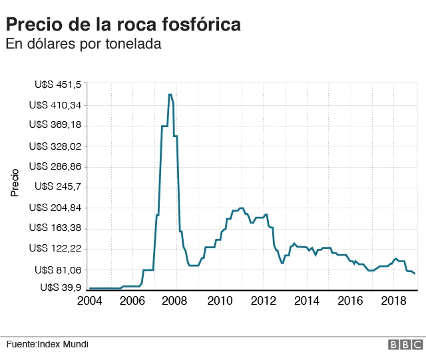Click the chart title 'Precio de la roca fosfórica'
pyautogui.click(x=123, y=25)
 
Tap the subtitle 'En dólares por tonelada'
pyautogui.click(x=84, y=44)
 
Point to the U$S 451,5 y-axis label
pyautogui.click(x=58, y=85)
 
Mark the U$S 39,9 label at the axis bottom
pyautogui.click(x=61, y=287)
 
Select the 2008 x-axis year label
pyautogui.click(x=176, y=301)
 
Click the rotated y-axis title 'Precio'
pyautogui.click(x=15, y=182)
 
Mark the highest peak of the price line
pyautogui.click(x=170, y=94)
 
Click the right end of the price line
pyautogui.click(x=415, y=273)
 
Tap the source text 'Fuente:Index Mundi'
pyautogui.click(x=47, y=344)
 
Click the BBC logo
pyautogui.click(x=405, y=344)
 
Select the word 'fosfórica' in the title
pyautogui.click(x=200, y=25)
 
